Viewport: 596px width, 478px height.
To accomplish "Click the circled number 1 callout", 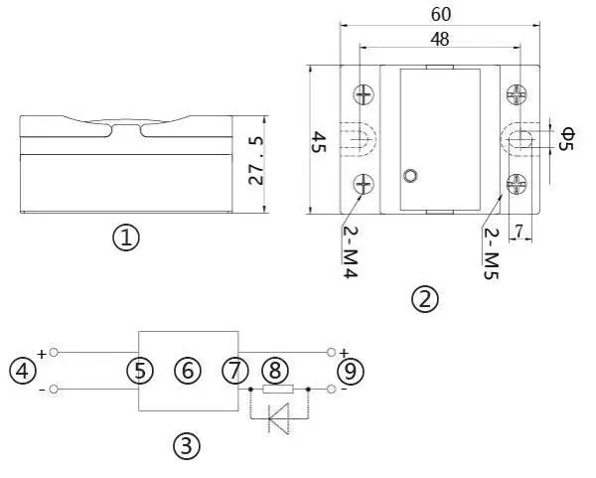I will (126, 239).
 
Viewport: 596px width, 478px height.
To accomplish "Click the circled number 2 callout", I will (425, 298).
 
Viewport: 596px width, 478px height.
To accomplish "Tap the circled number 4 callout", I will (22, 371).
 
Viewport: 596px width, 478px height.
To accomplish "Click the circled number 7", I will (234, 371).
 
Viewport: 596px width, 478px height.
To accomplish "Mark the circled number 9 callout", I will (351, 371).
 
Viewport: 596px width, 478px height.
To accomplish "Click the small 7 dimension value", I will (518, 231).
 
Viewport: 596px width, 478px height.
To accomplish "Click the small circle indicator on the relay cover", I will (409, 177).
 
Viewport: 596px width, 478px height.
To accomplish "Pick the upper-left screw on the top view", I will (365, 95).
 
